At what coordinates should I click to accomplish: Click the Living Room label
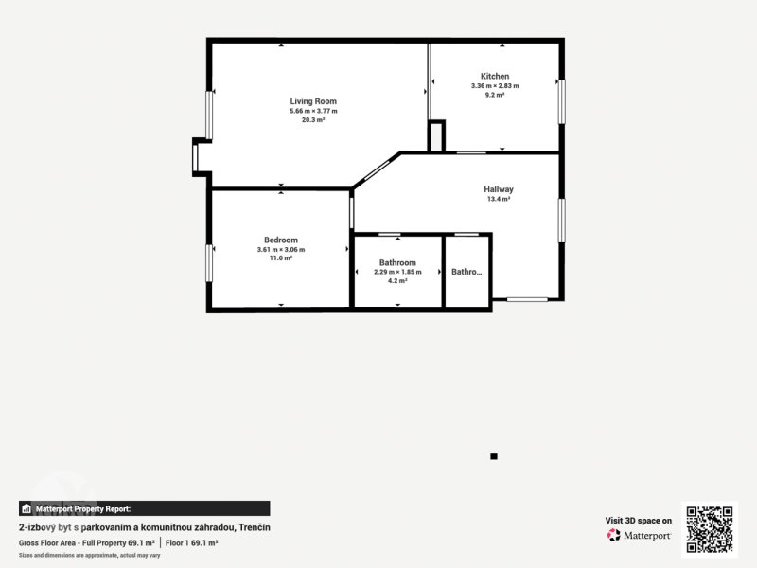[313, 101]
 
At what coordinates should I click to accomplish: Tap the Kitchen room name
[495, 77]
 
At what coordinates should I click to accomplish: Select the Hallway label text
[499, 189]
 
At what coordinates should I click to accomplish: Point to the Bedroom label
[281, 240]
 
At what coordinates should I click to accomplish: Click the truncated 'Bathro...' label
[467, 272]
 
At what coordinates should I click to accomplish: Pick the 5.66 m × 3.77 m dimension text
[313, 111]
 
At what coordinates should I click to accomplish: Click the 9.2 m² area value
[495, 96]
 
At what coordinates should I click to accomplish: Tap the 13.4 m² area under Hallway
[499, 199]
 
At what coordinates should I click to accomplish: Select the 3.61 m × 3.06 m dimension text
[281, 250]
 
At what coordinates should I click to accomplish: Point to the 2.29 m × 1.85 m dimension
[397, 272]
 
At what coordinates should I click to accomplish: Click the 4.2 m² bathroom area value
[397, 281]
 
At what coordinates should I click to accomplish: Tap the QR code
[710, 529]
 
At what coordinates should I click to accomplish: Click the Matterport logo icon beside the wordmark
[613, 535]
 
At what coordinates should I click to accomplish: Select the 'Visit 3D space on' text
[638, 521]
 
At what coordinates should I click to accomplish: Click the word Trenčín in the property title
[255, 527]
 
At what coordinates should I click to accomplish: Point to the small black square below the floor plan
[494, 456]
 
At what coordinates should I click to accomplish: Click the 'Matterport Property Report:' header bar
[145, 508]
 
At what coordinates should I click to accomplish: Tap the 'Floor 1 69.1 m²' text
[192, 543]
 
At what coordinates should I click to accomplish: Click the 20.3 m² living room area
[313, 120]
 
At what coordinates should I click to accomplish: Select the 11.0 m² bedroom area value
[281, 258]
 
